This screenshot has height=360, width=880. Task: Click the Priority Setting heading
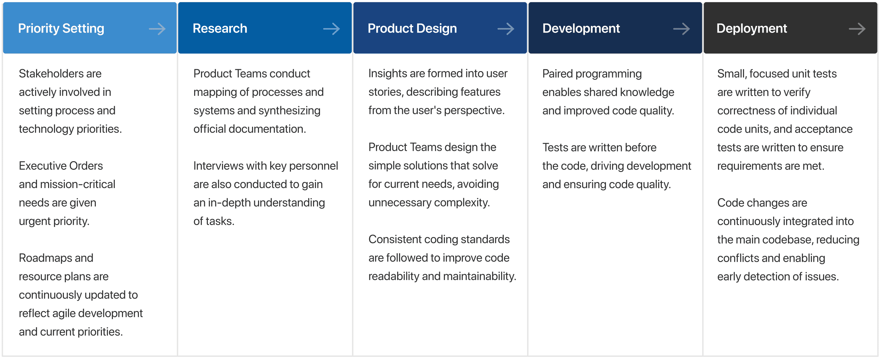(x=61, y=28)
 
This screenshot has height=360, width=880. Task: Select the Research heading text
(x=220, y=28)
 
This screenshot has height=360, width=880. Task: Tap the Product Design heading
(x=412, y=28)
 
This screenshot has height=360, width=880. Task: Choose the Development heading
(x=581, y=28)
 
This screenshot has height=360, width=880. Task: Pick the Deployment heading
(x=752, y=28)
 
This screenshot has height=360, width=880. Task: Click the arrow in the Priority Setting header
(x=157, y=29)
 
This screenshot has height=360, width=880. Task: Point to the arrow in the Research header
(x=332, y=29)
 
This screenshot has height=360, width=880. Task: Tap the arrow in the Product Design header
(x=506, y=29)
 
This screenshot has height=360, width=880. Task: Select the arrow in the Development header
(x=681, y=29)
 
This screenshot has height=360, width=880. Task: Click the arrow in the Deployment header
(x=857, y=29)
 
